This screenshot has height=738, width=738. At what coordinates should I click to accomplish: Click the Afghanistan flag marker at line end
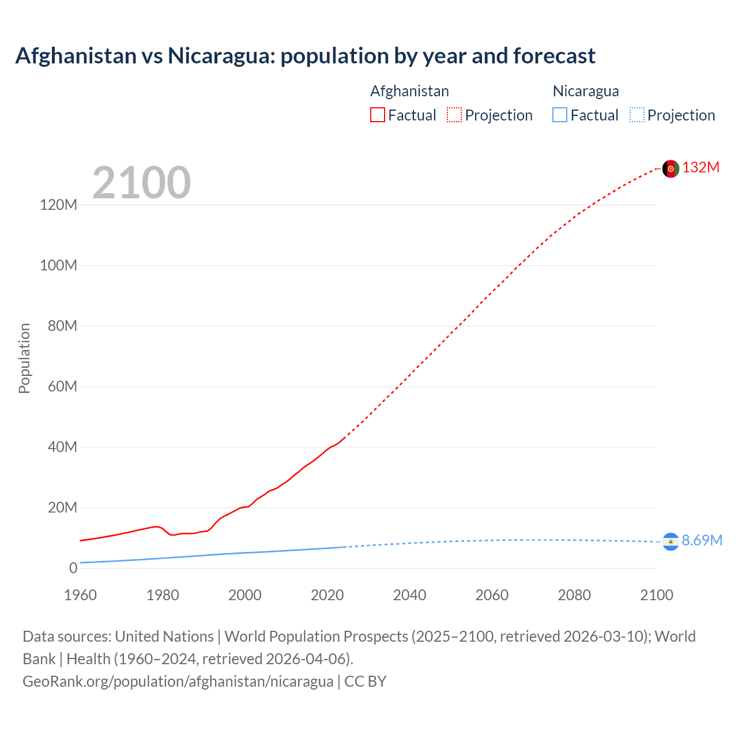coord(671,168)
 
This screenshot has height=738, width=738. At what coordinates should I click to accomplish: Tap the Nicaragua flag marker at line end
coord(671,541)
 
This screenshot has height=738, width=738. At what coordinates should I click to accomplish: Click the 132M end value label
coord(701,167)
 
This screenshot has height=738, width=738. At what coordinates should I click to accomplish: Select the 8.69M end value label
coord(702,540)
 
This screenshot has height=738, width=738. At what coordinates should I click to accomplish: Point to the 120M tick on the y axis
coord(59,205)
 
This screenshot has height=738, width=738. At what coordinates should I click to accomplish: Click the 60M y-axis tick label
coord(62,386)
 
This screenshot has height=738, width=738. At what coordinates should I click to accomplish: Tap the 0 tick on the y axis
coord(73,568)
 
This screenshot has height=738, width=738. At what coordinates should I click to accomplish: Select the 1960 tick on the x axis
coord(80,595)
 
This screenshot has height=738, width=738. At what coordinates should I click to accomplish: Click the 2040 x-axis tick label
coord(409,595)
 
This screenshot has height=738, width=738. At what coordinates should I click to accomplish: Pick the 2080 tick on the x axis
coord(574,595)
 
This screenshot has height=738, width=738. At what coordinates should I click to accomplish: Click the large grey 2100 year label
coord(141,183)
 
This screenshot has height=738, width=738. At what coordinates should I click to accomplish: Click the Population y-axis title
coord(24,358)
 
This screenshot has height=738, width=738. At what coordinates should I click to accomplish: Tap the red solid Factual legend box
coord(378,115)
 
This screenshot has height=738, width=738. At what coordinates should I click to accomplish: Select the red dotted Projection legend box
coord(454,115)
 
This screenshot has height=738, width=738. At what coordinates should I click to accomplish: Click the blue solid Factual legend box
coord(560,115)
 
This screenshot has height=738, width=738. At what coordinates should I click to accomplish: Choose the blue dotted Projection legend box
coord(637,115)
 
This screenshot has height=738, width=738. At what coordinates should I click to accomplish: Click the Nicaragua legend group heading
coord(586,91)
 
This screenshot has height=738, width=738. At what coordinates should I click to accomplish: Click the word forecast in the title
coord(554,56)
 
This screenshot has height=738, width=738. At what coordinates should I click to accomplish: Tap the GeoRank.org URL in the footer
coord(178,681)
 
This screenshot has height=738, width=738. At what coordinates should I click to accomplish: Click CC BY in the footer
coord(365,681)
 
